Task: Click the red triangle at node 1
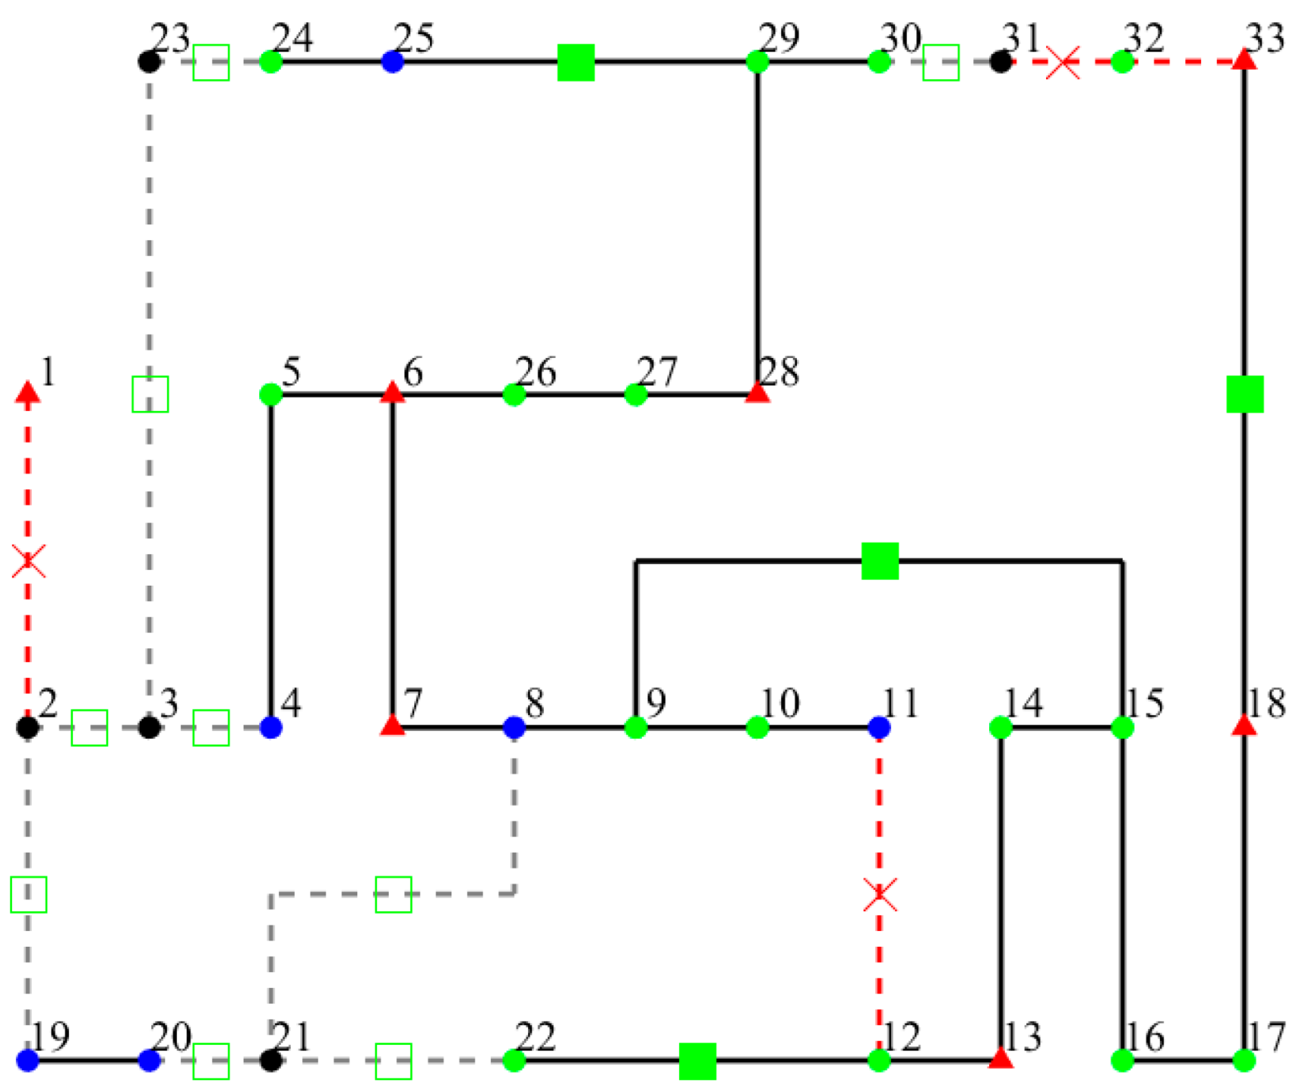point(28,392)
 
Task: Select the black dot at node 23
point(149,62)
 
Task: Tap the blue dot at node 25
point(393,62)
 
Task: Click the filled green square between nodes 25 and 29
point(576,62)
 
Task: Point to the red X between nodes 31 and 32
point(1063,62)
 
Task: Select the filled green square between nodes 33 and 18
point(1244,394)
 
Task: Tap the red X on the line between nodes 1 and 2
point(28,561)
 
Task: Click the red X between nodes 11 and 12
point(880,895)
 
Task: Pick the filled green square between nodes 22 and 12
point(697,1061)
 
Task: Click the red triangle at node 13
point(1001,1058)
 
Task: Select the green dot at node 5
point(271,394)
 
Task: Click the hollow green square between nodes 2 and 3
point(89,728)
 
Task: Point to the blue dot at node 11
point(879,727)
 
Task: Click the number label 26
point(536,371)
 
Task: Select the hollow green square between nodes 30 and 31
point(941,62)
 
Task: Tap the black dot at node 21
point(271,1061)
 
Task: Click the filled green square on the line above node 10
point(880,561)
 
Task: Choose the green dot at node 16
point(1123,1061)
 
